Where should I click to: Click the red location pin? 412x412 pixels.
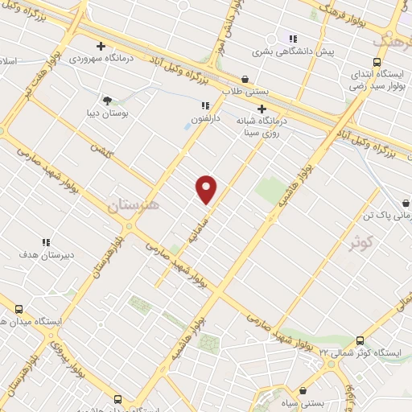[207, 189]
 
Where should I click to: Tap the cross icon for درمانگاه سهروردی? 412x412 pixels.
[101, 46]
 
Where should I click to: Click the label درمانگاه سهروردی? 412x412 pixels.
[100, 59]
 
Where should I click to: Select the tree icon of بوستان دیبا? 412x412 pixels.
[107, 101]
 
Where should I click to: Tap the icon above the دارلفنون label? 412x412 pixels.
[205, 105]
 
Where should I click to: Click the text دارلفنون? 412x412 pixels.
[205, 118]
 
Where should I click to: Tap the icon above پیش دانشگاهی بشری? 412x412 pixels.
[293, 38]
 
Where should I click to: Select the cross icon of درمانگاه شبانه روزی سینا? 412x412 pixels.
[262, 109]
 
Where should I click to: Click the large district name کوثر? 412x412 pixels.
[362, 242]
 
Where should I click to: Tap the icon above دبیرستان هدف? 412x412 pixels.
[46, 241]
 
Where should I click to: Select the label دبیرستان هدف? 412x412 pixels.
[46, 254]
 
